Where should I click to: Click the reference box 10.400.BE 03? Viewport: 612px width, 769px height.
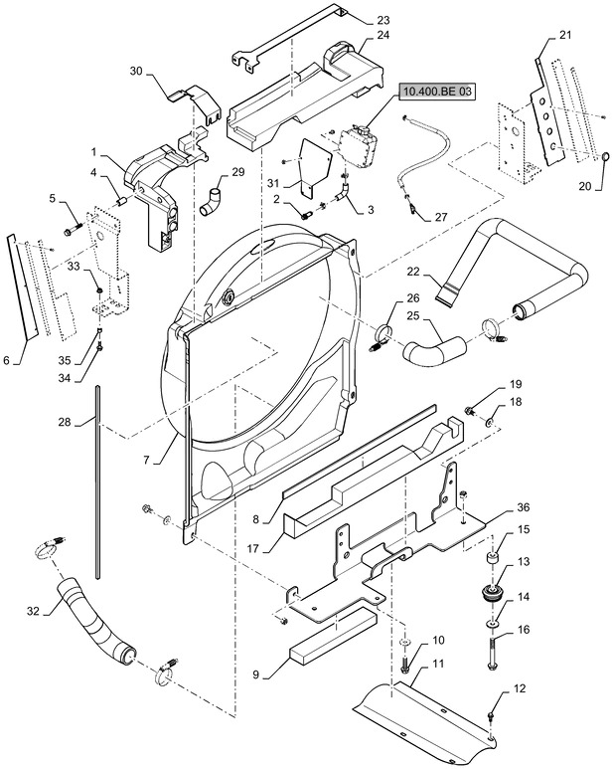click(x=438, y=94)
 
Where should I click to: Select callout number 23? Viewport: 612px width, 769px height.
click(x=384, y=19)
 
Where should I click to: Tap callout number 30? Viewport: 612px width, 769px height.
click(x=137, y=71)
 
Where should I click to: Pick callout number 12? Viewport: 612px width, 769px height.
click(x=520, y=688)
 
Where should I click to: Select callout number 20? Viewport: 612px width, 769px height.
click(x=584, y=186)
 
